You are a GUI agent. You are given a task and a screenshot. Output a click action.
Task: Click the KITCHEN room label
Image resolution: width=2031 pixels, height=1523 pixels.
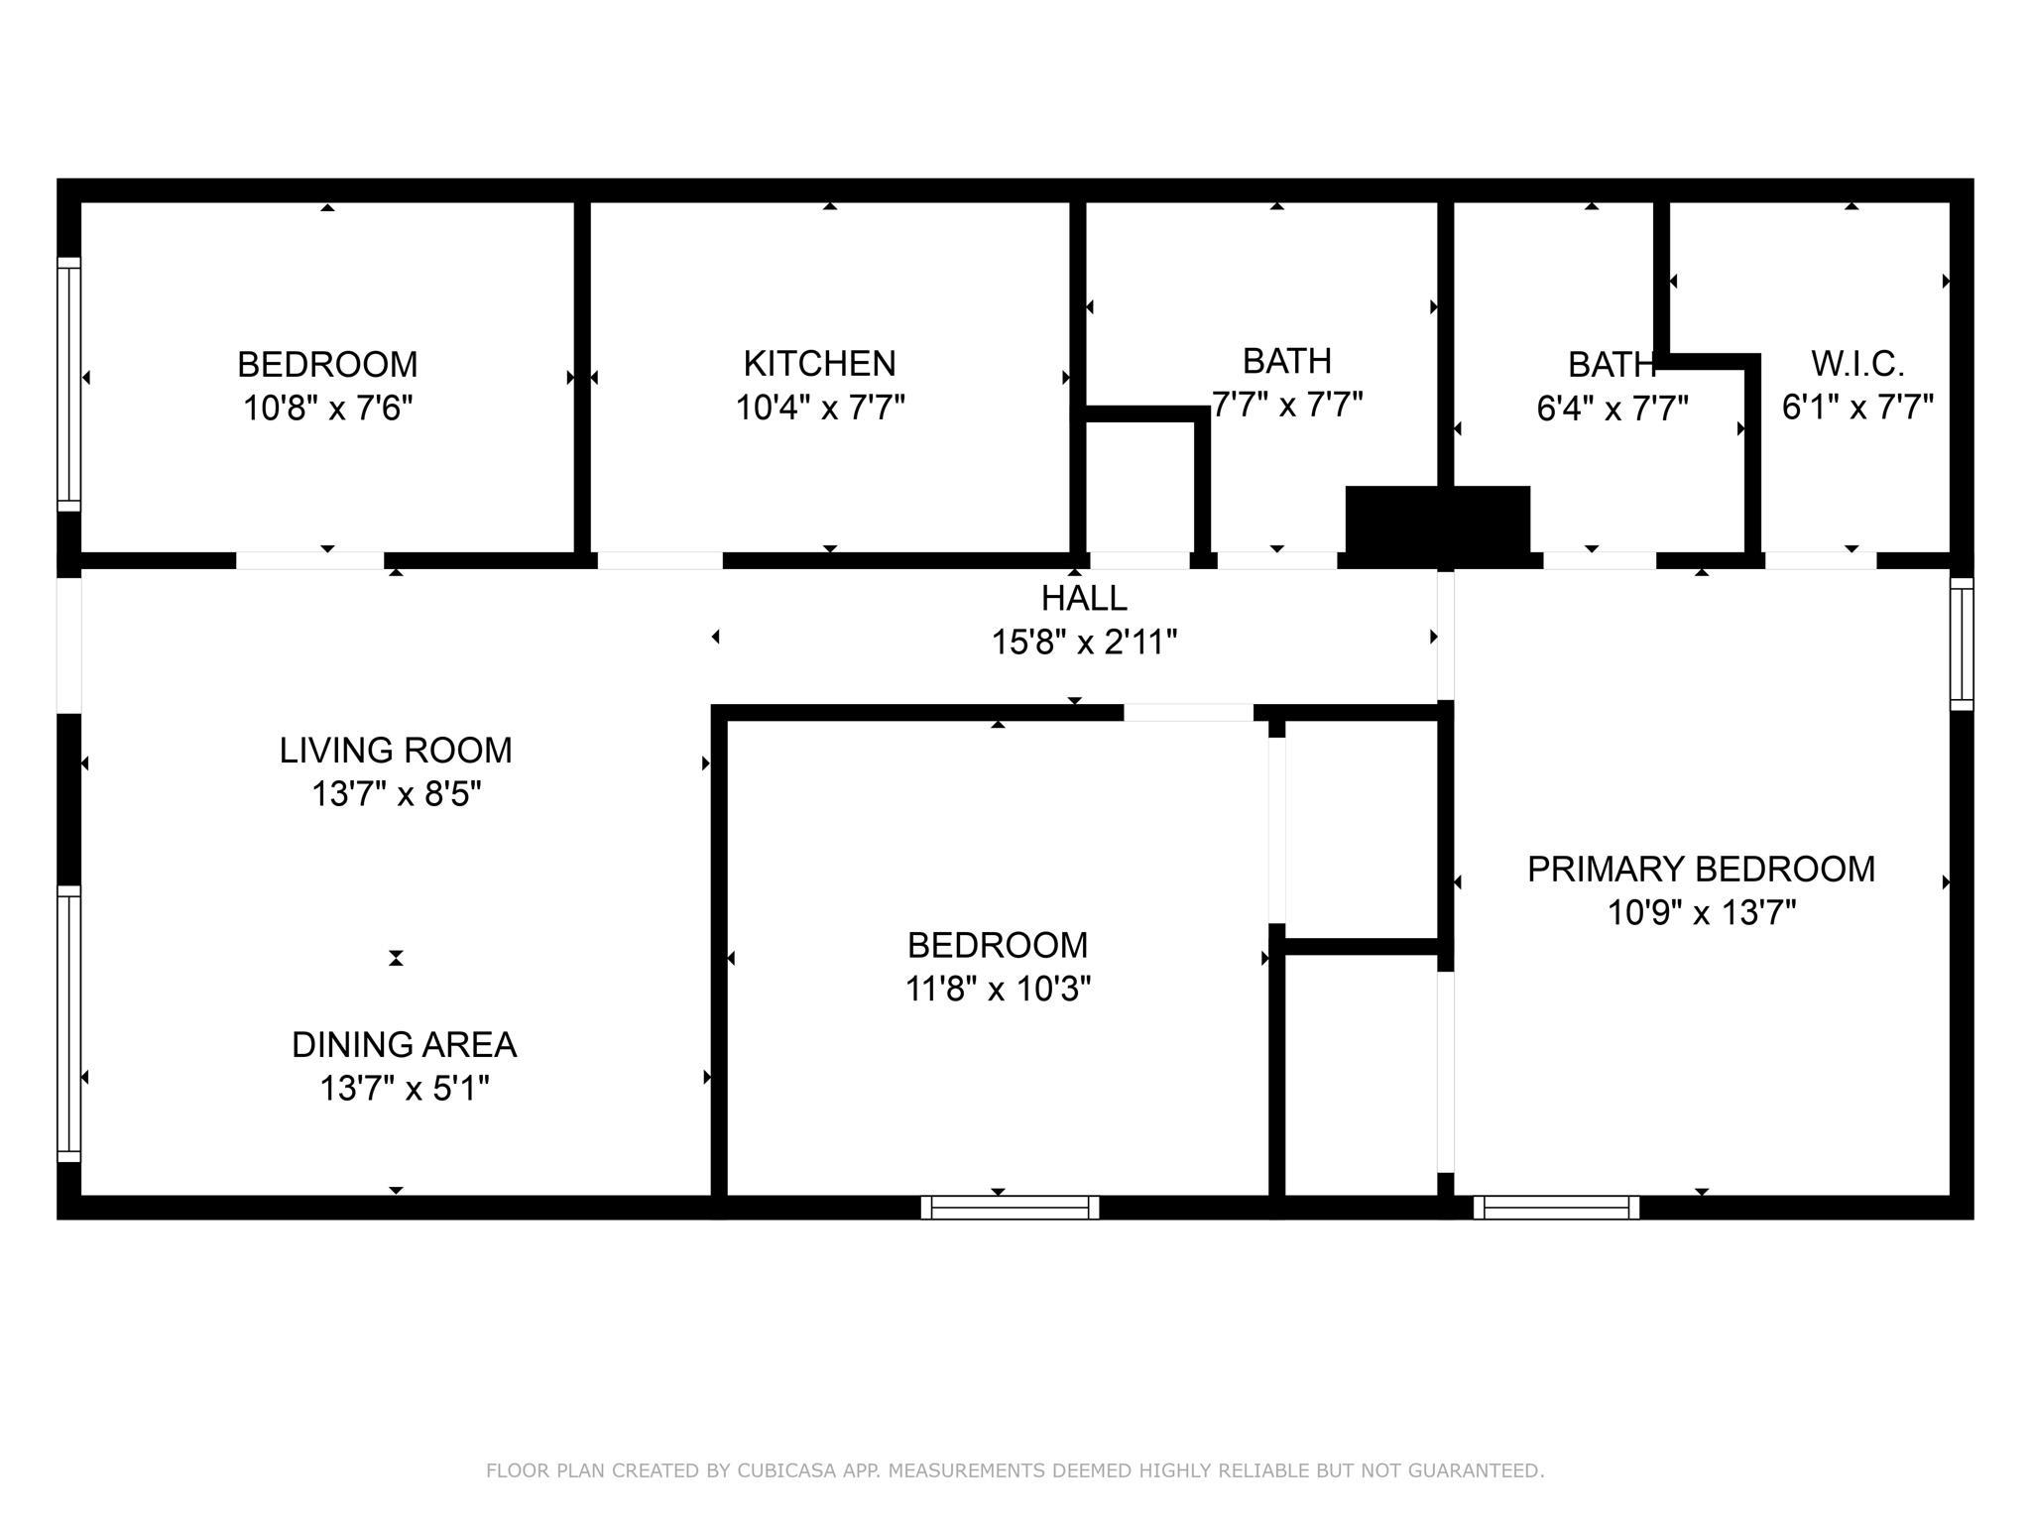point(819,364)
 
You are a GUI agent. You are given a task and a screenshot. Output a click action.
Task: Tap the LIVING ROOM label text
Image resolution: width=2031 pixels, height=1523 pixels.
point(396,751)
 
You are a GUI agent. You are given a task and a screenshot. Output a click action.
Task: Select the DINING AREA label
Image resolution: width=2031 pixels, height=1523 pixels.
point(404,1045)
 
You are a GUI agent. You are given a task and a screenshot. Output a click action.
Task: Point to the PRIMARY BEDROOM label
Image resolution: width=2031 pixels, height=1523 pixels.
point(1701,870)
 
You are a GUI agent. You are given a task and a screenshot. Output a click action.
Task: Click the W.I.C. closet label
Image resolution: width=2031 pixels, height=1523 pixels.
point(1857,364)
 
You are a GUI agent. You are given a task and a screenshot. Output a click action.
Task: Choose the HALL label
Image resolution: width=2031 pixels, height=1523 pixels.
point(1084,599)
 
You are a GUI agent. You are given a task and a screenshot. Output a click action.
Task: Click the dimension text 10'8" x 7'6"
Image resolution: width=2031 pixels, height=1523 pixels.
point(327,408)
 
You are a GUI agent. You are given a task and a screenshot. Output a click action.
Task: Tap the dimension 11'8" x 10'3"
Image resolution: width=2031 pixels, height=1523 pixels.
point(998,989)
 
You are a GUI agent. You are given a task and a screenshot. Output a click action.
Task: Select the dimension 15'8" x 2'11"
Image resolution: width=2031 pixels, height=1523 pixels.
point(1084,643)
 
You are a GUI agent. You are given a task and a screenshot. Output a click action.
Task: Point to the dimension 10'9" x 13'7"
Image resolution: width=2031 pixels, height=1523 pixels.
point(1702,912)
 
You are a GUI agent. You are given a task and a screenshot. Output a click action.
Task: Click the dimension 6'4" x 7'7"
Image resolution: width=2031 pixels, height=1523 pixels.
point(1613,408)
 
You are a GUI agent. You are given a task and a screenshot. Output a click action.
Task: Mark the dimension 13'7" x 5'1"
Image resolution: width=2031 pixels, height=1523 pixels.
point(404,1089)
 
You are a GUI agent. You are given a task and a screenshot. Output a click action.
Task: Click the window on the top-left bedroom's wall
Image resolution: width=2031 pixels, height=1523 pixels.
point(68,385)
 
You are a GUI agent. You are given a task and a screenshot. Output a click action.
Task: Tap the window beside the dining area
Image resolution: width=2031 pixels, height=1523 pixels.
point(68,1023)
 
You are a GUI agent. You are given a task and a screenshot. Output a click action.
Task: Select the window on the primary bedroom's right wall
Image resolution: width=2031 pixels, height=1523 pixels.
point(1962,644)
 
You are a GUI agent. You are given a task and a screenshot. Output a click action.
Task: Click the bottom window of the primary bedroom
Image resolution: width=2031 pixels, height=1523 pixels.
point(1556,1207)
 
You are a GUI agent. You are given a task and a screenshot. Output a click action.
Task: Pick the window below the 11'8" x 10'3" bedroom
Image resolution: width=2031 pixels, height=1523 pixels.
point(1010,1207)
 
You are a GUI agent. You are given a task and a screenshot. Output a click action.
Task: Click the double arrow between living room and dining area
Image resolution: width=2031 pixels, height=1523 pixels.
point(396,958)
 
